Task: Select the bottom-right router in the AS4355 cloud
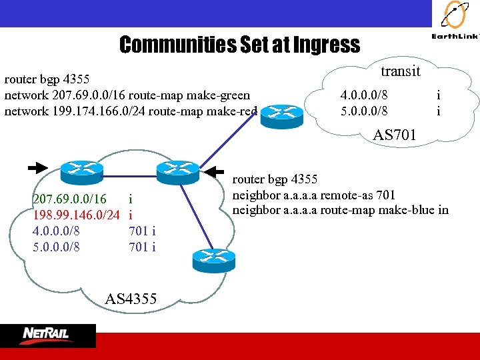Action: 213,258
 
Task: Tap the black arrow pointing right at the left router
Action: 38,167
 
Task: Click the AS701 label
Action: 394,135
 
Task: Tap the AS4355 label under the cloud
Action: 131,299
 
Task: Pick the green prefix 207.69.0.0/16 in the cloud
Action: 69,199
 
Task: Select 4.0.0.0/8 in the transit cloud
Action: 364,95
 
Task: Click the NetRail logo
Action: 47,335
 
